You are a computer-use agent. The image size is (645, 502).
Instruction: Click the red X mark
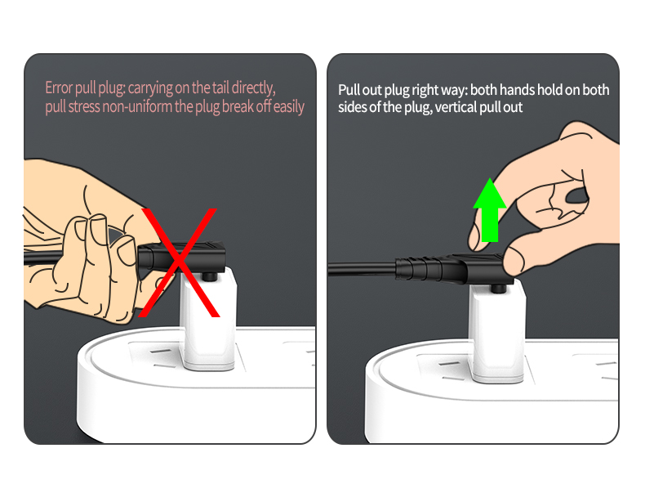tap(178, 262)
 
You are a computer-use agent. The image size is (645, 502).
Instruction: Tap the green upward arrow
tap(490, 210)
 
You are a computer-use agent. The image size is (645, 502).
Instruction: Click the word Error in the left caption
tap(59, 87)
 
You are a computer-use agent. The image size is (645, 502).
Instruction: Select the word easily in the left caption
tap(289, 107)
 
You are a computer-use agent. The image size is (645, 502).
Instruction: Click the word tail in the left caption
tap(220, 87)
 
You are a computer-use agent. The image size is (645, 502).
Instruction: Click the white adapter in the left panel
tap(208, 318)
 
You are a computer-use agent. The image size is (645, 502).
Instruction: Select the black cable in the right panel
tap(362, 269)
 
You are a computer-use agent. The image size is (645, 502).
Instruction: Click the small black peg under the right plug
tap(499, 288)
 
